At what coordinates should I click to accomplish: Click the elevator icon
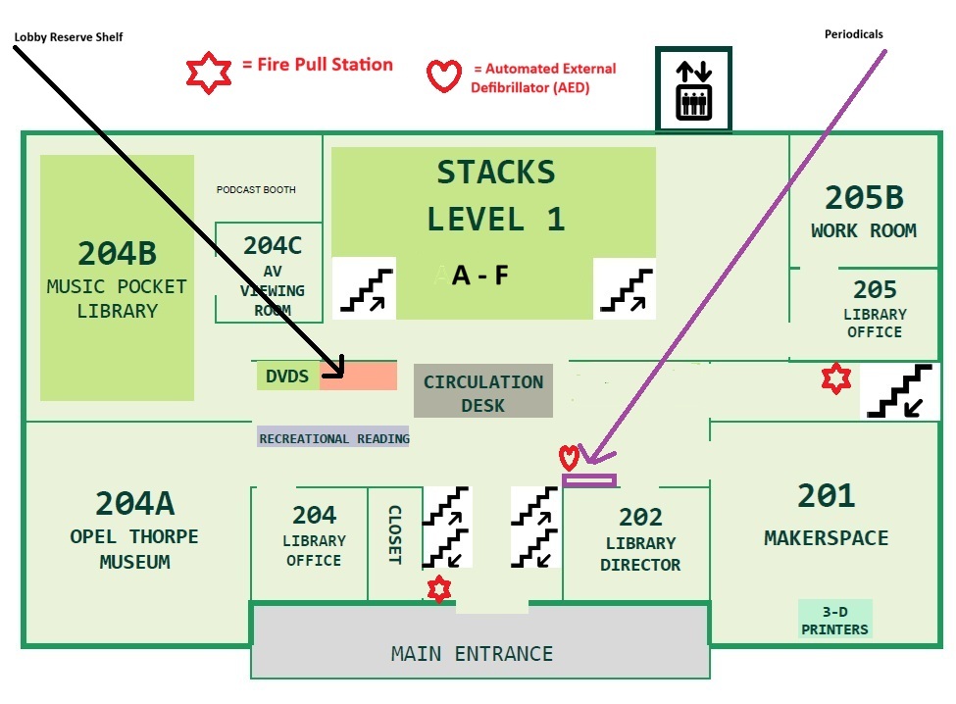[x=694, y=89]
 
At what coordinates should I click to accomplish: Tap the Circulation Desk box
[x=483, y=391]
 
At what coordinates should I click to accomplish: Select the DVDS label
[x=287, y=377]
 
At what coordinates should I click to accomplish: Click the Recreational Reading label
[x=334, y=437]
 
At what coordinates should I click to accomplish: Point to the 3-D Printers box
[x=834, y=620]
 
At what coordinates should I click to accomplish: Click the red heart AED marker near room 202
[x=569, y=458]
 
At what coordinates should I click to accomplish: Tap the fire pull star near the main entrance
[x=439, y=589]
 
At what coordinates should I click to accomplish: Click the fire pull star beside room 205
[x=836, y=378]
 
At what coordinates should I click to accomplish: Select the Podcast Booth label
[x=256, y=189]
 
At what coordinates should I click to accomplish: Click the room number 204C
[x=273, y=246]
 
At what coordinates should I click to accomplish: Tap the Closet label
[x=395, y=534]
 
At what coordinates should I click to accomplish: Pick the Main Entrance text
[x=472, y=653]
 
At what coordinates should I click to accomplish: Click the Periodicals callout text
[x=854, y=34]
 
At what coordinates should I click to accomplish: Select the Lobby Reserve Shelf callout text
[x=69, y=37]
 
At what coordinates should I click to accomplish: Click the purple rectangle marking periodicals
[x=589, y=480]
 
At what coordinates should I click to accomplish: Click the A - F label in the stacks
[x=479, y=276]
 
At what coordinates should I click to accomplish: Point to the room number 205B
[x=864, y=197]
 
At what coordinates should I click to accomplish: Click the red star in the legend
[x=209, y=73]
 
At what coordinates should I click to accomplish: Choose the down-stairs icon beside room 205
[x=900, y=390]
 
